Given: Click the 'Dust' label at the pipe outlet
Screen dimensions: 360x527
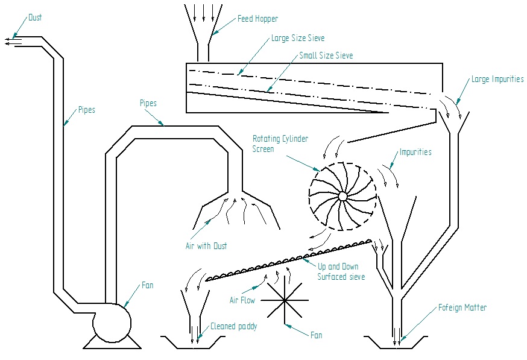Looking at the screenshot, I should click(36, 18).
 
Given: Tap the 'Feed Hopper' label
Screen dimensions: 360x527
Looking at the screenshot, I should click(257, 19).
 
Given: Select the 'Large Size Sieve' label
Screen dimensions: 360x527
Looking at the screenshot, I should click(298, 38).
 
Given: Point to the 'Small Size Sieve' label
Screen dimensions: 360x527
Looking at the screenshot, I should click(326, 55).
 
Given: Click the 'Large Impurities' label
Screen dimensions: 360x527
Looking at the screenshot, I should click(497, 79).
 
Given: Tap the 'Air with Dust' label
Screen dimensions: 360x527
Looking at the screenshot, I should click(206, 246).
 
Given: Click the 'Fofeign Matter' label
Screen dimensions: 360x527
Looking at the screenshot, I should click(462, 308).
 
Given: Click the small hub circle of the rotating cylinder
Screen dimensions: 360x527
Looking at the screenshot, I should click(342, 196).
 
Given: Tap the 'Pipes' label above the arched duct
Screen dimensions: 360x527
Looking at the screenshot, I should click(148, 103).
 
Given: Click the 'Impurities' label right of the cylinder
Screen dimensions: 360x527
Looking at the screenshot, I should click(415, 152).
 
